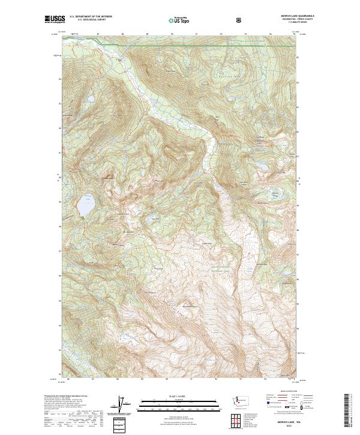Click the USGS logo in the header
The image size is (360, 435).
point(54,20)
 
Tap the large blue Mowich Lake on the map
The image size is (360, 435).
point(85,205)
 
